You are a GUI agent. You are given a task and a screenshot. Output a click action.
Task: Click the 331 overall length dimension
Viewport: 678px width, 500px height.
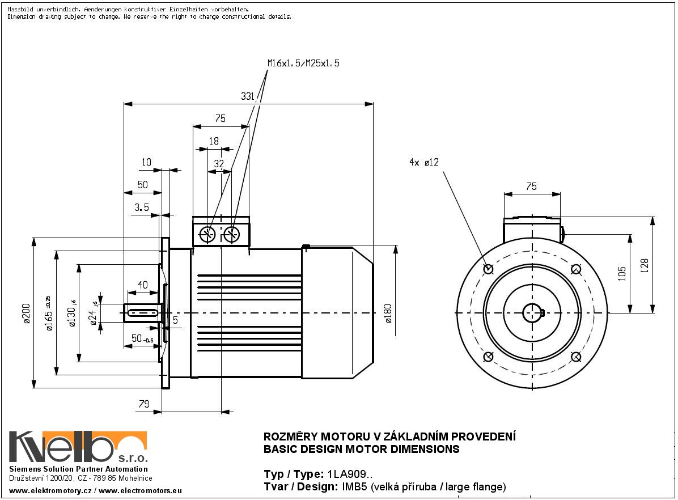(248, 96)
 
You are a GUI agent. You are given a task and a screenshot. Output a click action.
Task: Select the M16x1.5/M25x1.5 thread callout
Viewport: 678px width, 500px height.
(303, 63)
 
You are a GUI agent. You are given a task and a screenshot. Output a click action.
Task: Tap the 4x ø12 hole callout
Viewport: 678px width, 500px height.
(424, 162)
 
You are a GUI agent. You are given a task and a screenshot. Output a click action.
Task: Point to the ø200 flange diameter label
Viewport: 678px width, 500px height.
(26, 313)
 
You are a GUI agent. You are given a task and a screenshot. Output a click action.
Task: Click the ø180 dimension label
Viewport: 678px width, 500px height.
(388, 313)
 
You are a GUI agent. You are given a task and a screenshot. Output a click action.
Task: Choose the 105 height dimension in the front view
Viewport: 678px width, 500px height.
(622, 273)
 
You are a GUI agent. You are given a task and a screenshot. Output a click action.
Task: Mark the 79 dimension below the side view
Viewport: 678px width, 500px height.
(143, 404)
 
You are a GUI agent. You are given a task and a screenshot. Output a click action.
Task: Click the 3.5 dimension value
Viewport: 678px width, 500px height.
(142, 207)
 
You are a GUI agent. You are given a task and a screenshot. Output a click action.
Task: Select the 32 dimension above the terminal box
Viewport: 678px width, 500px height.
(219, 163)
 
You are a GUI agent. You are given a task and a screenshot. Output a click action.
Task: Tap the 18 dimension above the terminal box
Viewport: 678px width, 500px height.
(214, 141)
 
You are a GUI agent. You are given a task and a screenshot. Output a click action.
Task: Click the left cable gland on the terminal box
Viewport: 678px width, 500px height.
(208, 234)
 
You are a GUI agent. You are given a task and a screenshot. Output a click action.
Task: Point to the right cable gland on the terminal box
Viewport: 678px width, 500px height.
(231, 234)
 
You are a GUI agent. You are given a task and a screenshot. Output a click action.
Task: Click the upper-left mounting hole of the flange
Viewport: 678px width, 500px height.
(488, 269)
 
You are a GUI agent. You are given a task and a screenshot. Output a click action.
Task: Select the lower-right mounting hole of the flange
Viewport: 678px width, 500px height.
(576, 357)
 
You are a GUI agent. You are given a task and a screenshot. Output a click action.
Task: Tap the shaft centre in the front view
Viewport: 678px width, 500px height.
(532, 312)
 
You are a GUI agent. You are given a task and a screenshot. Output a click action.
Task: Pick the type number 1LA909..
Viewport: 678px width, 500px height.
(348, 474)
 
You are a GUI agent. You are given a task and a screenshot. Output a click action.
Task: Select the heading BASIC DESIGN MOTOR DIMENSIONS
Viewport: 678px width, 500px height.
(362, 450)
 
